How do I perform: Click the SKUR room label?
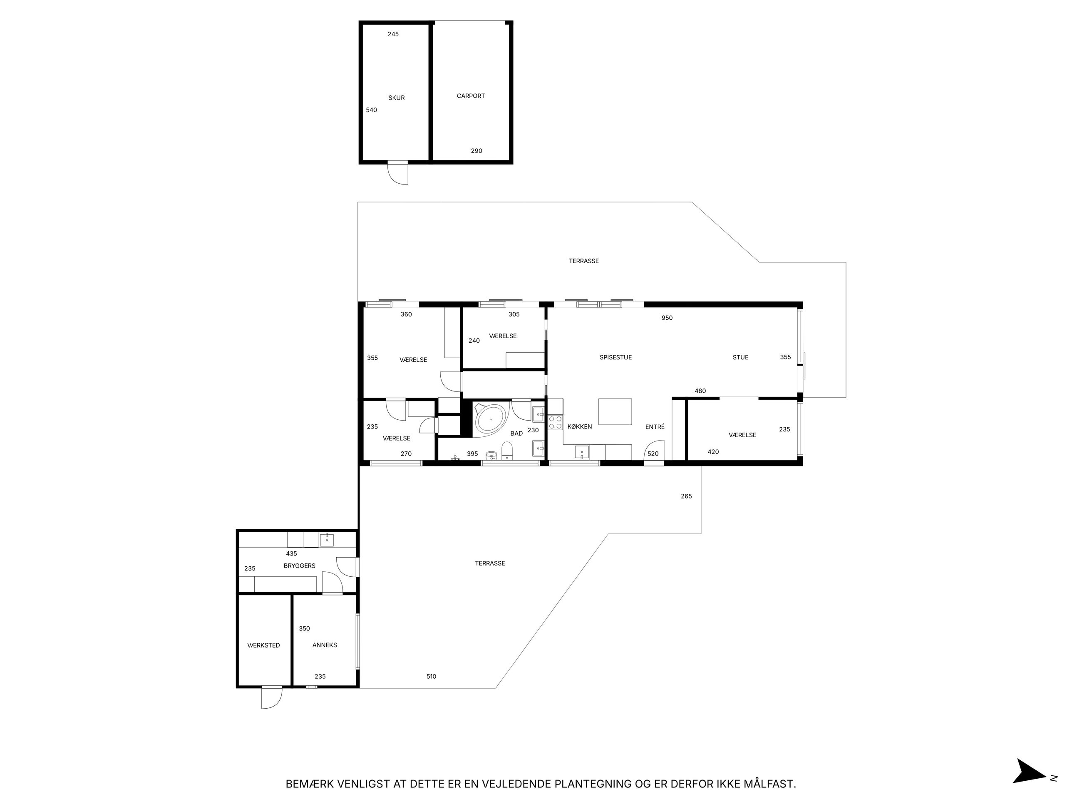[396, 98]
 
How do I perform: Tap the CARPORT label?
[471, 96]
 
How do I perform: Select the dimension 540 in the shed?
[371, 110]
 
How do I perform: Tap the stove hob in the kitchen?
[555, 422]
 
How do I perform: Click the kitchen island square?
[615, 412]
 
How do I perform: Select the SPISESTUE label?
[615, 357]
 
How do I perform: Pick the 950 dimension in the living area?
[667, 318]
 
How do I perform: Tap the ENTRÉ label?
[655, 427]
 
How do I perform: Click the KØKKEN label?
[580, 427]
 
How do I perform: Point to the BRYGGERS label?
[299, 566]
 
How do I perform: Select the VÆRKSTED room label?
[264, 645]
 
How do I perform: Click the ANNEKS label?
[324, 645]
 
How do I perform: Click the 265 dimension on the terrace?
[686, 496]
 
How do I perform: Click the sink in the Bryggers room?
[326, 541]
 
